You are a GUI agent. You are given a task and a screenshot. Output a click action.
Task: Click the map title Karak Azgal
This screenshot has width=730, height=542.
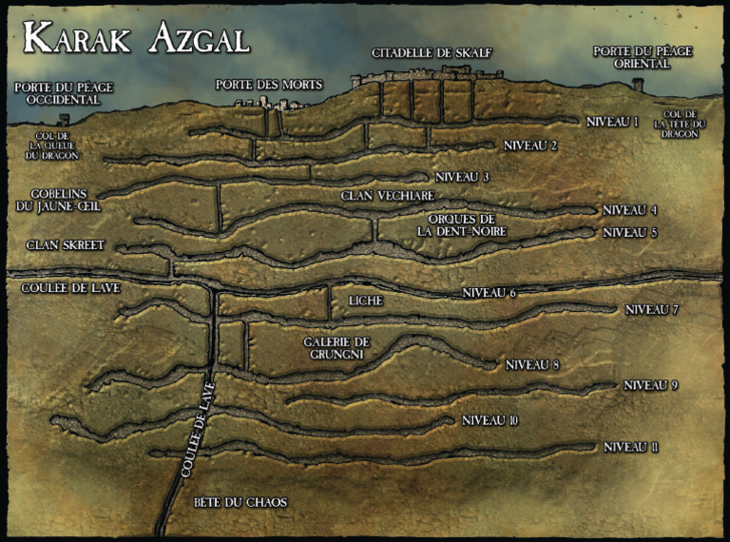[x=136, y=37]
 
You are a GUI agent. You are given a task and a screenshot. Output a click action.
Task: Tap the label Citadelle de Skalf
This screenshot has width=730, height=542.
[x=432, y=52]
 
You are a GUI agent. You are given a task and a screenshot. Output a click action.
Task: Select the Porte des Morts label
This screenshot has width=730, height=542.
[x=269, y=84]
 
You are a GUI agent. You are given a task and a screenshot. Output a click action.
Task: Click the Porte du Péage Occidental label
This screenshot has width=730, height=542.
[x=64, y=93]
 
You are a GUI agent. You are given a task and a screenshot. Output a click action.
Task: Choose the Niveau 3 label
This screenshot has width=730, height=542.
[x=462, y=177]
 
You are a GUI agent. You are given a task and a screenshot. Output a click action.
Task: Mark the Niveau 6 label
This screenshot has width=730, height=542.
[x=488, y=292]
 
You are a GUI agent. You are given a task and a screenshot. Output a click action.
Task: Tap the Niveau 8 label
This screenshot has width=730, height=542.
[x=532, y=364]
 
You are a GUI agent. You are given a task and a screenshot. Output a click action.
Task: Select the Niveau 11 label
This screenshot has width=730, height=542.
[x=631, y=447]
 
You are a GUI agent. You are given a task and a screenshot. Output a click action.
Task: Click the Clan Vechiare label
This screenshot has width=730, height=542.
[x=380, y=196]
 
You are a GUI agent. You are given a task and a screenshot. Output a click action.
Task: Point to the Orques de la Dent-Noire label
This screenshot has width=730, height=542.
[x=461, y=224]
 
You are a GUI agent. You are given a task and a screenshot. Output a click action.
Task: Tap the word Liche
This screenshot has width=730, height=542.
[x=365, y=300]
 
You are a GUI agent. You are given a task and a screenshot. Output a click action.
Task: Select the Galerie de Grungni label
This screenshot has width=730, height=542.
[x=336, y=348]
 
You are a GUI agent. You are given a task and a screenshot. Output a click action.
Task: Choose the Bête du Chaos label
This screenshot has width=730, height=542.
[x=240, y=502]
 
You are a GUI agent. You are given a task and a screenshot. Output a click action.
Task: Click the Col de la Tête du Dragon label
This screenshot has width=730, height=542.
[x=679, y=125]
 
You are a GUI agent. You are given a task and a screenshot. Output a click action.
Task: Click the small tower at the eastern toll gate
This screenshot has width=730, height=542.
[x=637, y=85]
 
